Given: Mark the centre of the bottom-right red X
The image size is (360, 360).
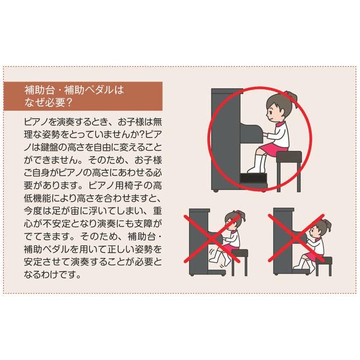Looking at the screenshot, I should pyautogui.click(x=299, y=240).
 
